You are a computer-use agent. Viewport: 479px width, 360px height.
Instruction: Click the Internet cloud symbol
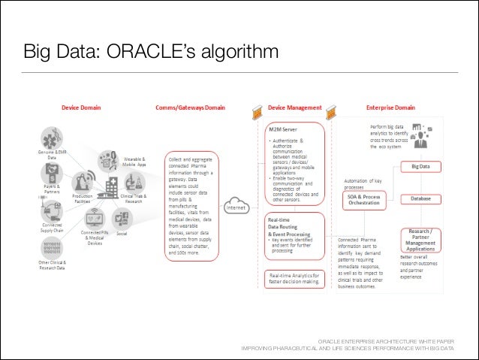click(238, 208)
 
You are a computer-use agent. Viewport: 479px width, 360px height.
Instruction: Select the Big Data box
click(420, 165)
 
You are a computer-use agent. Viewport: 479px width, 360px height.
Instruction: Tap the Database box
click(420, 198)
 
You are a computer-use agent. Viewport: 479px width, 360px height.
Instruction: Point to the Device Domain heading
click(81, 107)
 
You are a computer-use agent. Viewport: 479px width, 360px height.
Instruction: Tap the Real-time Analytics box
click(294, 279)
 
